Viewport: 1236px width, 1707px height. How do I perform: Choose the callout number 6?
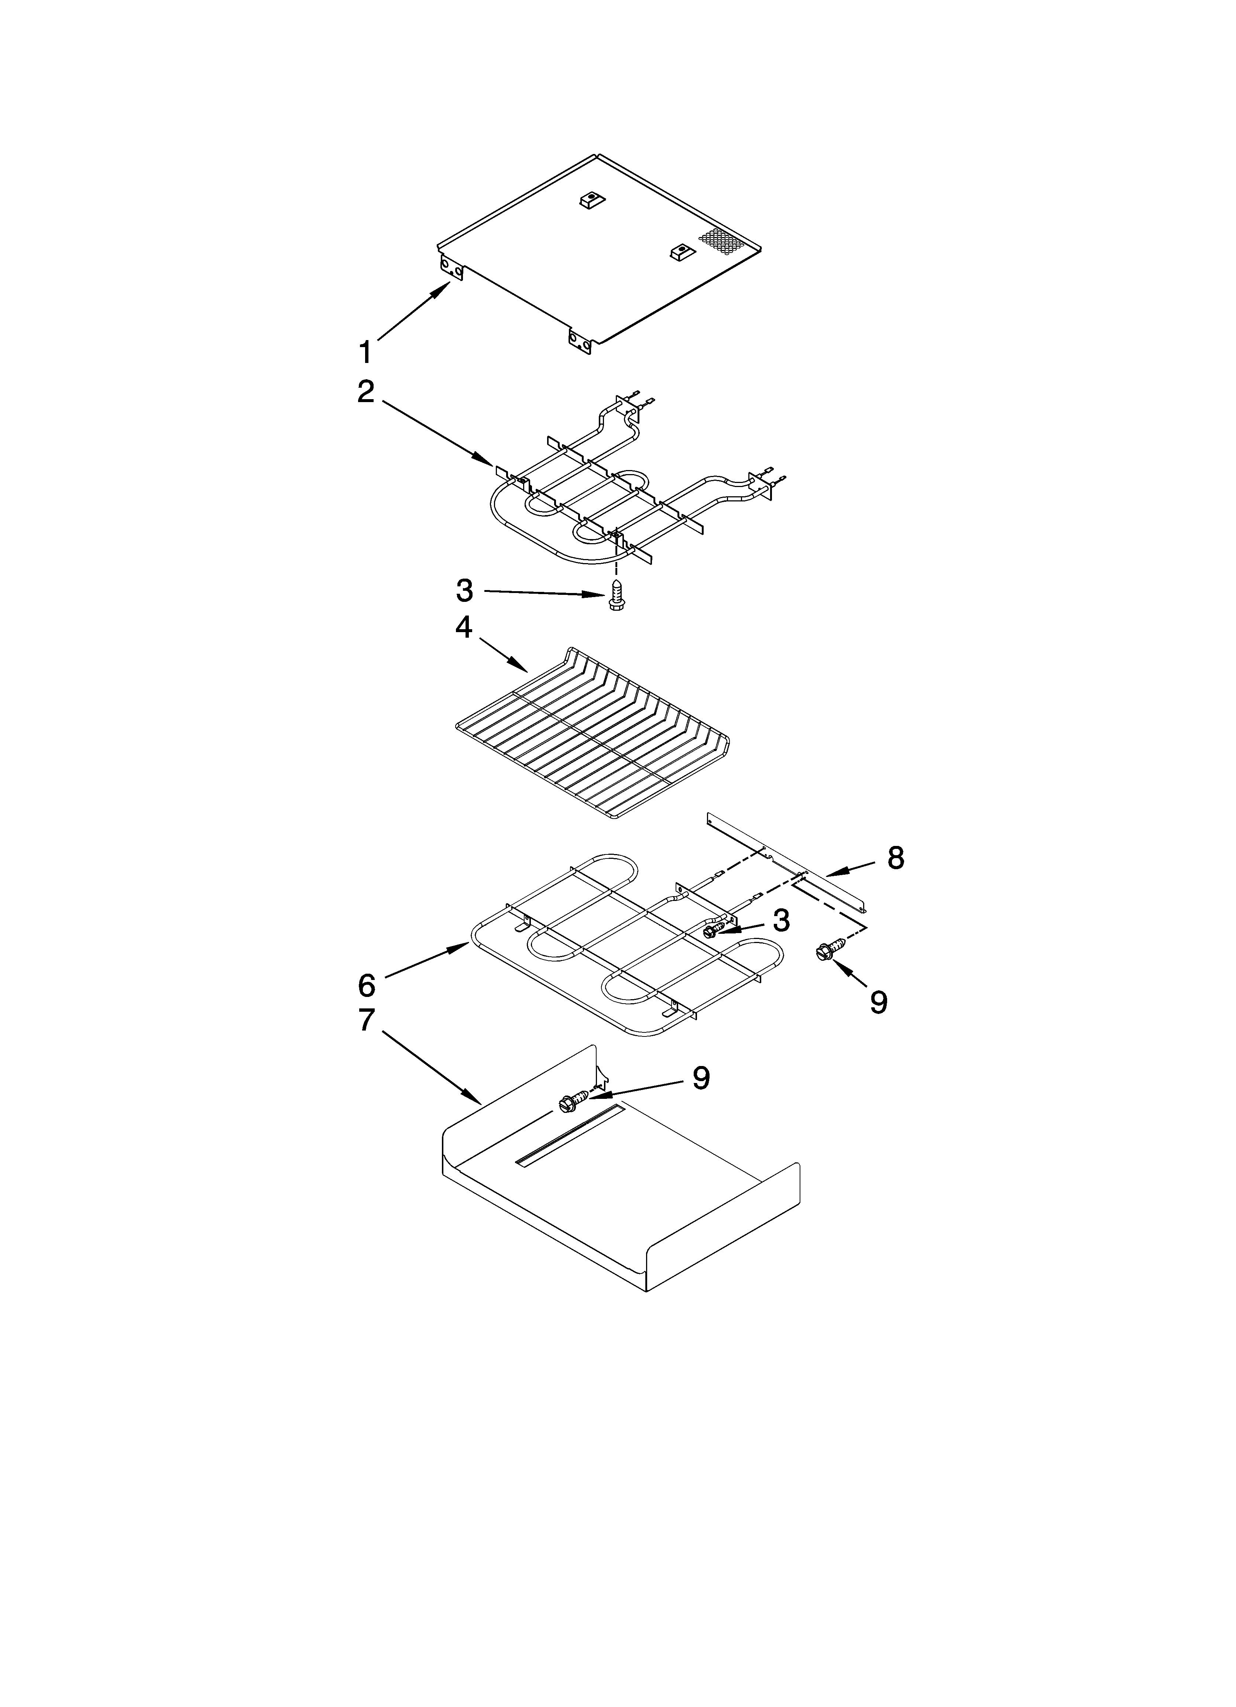366,984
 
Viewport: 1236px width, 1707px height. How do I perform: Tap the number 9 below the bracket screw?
878,1001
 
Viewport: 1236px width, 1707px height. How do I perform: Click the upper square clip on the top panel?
593,201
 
